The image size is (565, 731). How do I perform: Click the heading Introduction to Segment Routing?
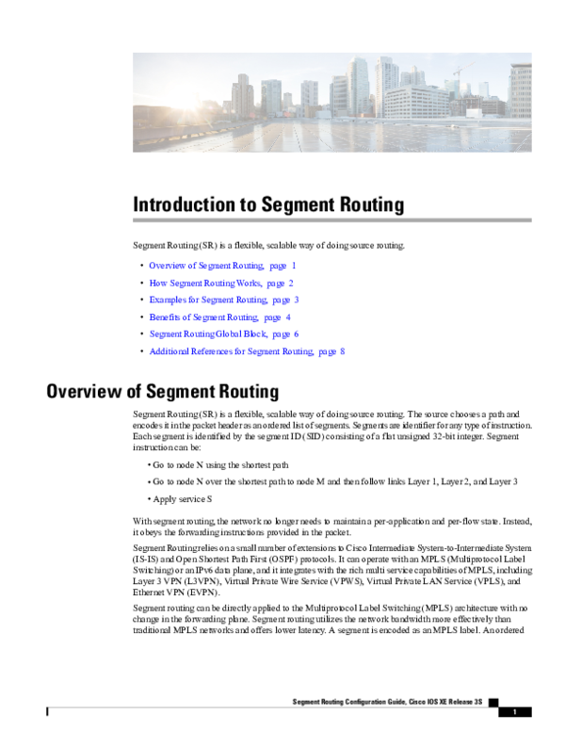coord(268,204)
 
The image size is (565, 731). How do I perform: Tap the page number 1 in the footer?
coord(515,711)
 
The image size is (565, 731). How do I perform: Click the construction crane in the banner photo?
coord(460,75)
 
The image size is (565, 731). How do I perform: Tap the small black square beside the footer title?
coord(492,702)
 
